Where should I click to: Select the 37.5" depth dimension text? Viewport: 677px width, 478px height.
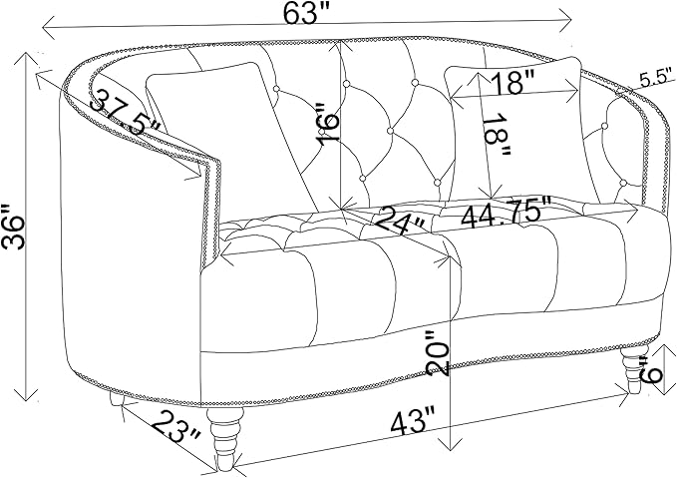pyautogui.click(x=126, y=113)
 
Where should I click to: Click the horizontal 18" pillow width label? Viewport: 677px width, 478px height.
pyautogui.click(x=512, y=82)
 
